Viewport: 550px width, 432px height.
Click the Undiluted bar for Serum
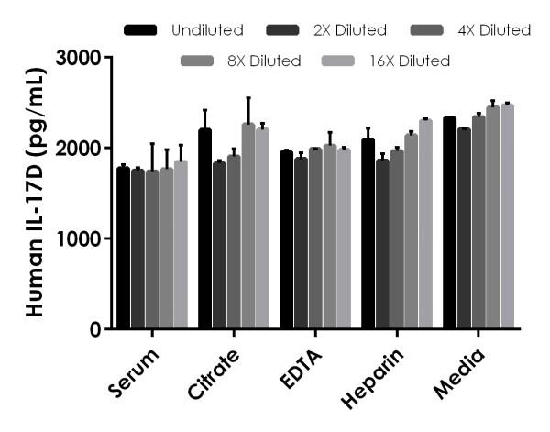point(123,248)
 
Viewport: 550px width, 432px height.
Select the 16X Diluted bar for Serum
point(181,244)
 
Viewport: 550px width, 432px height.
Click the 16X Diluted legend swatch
point(341,61)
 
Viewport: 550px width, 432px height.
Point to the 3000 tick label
point(80,58)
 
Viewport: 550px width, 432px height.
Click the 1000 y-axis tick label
point(80,238)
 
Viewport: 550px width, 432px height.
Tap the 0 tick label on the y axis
point(95,329)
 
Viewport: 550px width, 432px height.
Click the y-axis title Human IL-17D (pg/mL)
point(36,193)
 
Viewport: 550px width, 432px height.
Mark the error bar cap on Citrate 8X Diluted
point(248,98)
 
